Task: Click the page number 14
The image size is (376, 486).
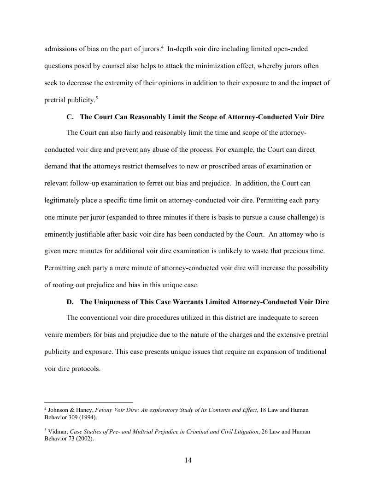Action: [x=188, y=461]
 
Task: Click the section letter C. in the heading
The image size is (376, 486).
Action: [x=70, y=117]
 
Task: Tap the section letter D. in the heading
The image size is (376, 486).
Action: [x=70, y=302]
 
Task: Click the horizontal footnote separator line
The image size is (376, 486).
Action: [x=88, y=401]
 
